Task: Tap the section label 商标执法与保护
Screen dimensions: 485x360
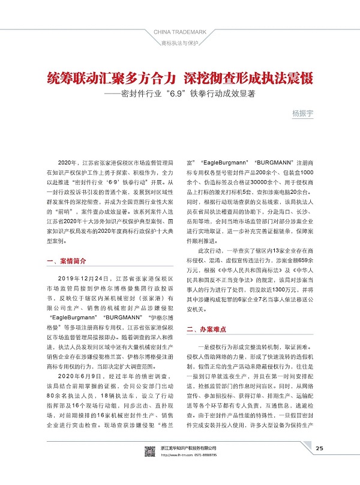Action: [x=180, y=44]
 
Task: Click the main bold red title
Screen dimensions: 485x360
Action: [x=180, y=78]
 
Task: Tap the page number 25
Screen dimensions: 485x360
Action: [x=319, y=464]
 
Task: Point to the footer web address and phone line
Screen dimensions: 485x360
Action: [x=191, y=471]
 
